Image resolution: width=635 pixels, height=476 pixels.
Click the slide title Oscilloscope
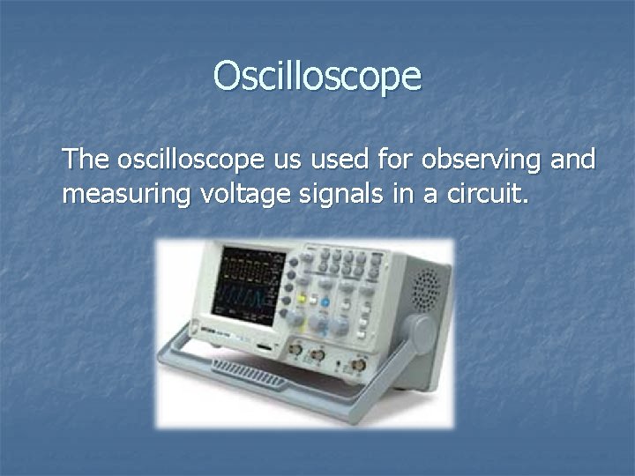317,77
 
